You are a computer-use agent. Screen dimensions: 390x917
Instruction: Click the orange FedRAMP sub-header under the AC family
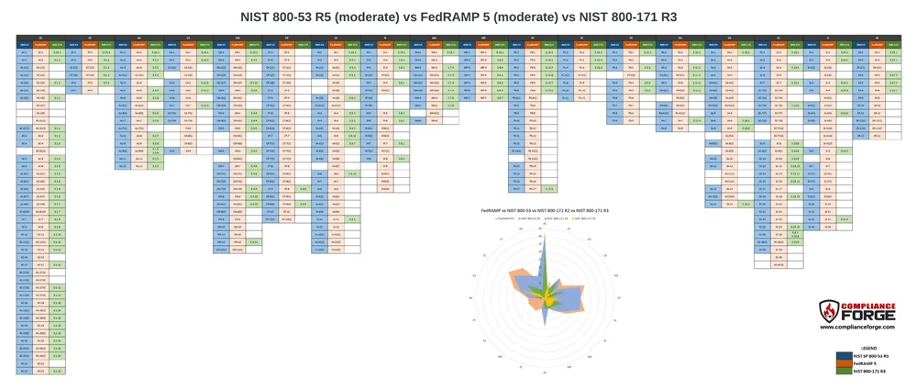tap(40, 44)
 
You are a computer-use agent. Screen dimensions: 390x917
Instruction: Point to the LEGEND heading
tap(868, 348)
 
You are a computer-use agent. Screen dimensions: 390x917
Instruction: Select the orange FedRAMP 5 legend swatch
tap(843, 363)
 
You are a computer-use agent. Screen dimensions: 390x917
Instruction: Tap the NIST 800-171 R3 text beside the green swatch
tap(875, 371)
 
